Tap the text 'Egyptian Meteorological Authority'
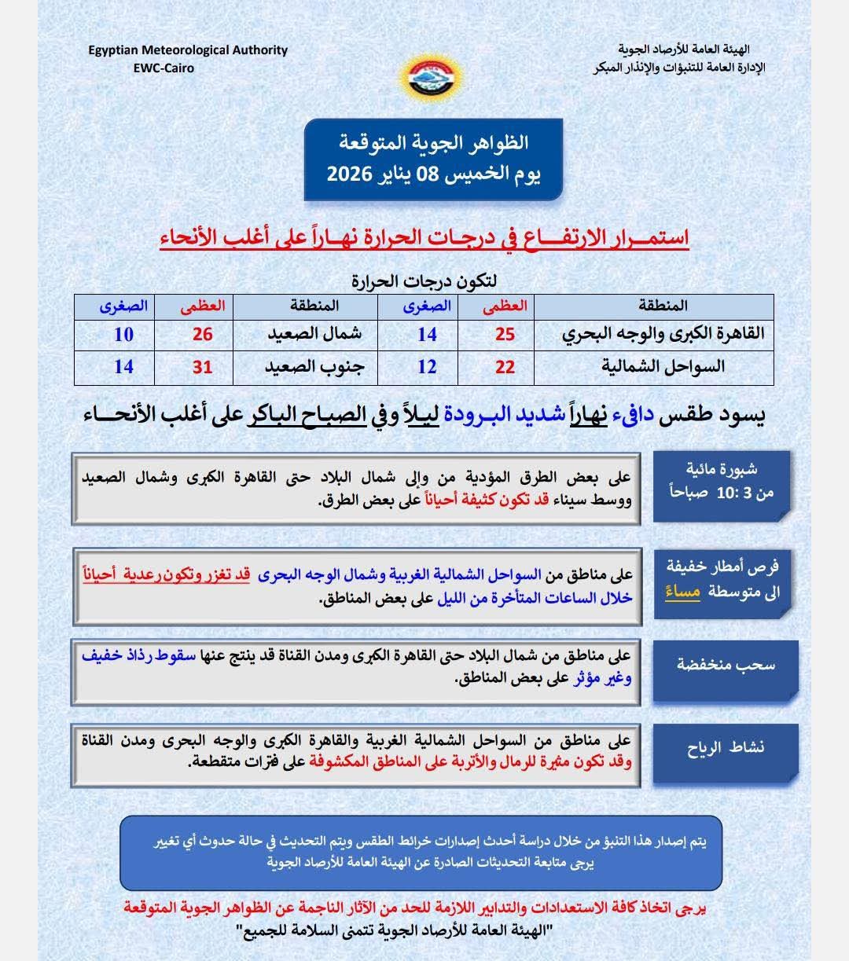pos(188,50)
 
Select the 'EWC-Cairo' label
pos(164,68)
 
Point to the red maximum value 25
pos(505,334)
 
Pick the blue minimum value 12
pos(427,367)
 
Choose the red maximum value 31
pos(203,367)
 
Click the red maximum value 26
pos(203,334)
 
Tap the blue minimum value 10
pos(123,334)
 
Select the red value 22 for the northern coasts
pos(505,367)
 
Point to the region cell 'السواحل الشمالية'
pos(663,367)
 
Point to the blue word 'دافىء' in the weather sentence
pos(633,416)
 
